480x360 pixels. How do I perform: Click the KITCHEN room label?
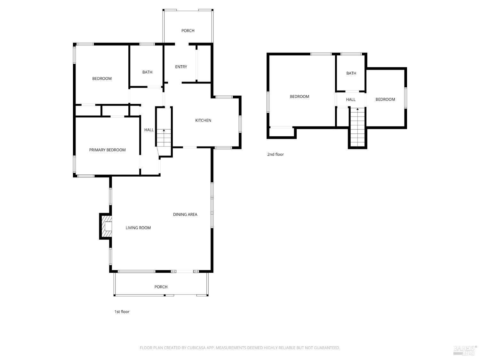click(x=203, y=120)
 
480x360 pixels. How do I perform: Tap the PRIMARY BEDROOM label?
click(x=107, y=150)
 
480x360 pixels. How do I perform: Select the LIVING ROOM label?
click(x=138, y=228)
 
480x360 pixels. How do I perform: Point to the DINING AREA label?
click(x=185, y=214)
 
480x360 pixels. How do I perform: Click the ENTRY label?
click(x=181, y=67)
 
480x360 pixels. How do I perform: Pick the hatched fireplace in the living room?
click(x=106, y=226)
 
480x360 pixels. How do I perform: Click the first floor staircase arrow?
click(x=164, y=131)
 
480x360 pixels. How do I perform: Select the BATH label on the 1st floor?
click(x=147, y=72)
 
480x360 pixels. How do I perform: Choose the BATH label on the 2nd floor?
click(x=351, y=73)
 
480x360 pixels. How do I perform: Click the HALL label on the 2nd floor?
click(x=351, y=100)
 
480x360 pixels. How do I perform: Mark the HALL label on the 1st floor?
click(x=149, y=130)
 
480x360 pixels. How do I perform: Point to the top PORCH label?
click(x=188, y=31)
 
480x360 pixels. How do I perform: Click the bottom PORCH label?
click(x=161, y=287)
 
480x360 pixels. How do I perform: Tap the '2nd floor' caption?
click(x=275, y=154)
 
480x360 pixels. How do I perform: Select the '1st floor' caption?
click(x=122, y=312)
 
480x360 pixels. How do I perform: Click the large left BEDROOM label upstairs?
click(x=299, y=96)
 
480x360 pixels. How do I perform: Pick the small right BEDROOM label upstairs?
click(x=385, y=100)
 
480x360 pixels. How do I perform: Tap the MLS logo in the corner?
click(x=465, y=350)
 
